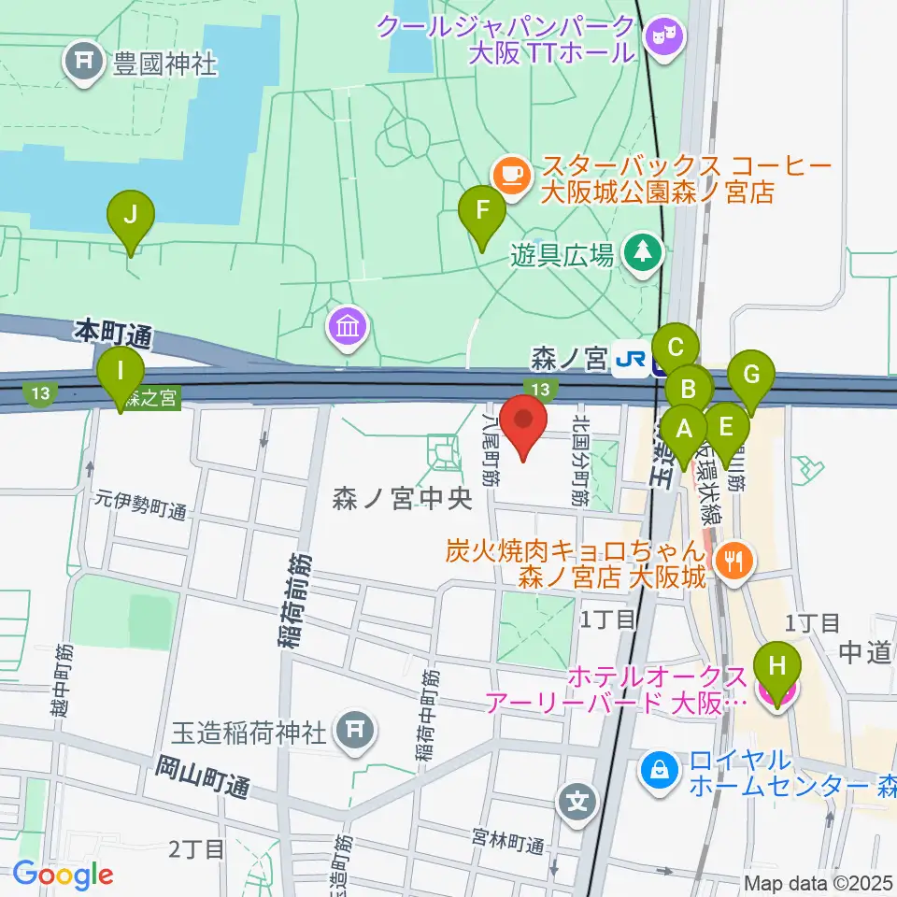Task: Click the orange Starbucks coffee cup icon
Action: coord(509,173)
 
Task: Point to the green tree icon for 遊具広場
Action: coord(643,252)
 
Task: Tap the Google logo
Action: coord(63,875)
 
